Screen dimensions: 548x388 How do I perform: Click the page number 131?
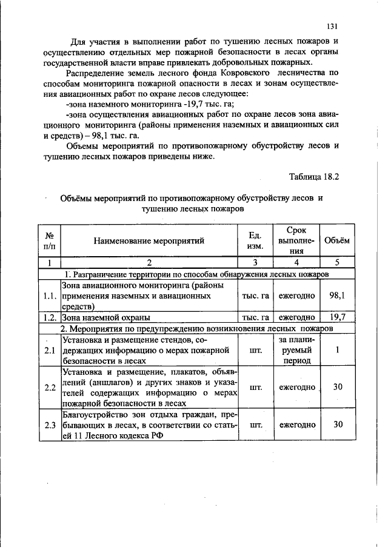[x=332, y=26]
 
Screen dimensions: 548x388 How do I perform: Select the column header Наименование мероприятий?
[x=149, y=241]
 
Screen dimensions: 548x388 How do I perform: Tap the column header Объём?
[x=337, y=240]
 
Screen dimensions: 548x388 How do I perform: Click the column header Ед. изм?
[x=255, y=240]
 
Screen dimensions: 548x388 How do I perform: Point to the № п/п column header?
[x=50, y=241]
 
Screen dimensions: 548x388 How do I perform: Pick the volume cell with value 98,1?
[x=337, y=295]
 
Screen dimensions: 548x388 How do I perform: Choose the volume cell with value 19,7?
[x=337, y=317]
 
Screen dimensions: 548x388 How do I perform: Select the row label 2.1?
[x=50, y=350]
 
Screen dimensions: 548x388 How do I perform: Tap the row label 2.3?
[x=50, y=424]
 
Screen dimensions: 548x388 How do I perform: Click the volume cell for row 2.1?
[x=337, y=350]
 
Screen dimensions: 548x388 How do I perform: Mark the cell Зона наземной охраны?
[x=107, y=317]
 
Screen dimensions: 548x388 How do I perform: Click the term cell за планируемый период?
[x=296, y=350]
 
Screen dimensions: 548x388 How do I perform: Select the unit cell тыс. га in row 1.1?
[x=255, y=295]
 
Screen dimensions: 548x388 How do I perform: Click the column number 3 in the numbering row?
[x=255, y=262]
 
